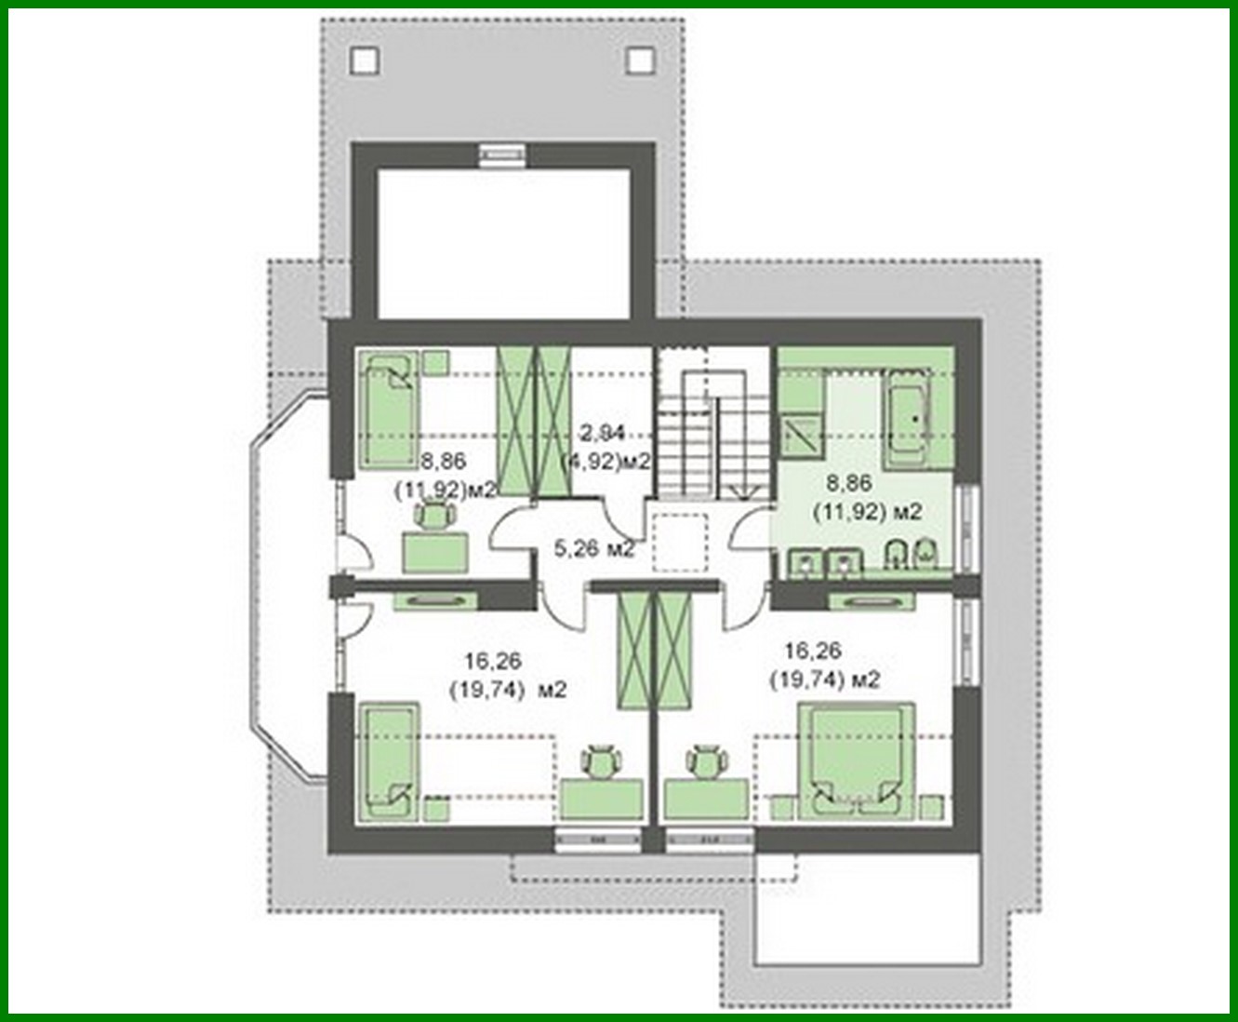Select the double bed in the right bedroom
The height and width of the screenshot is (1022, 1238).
point(857,760)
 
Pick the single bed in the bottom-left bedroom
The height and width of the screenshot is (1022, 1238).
point(389,763)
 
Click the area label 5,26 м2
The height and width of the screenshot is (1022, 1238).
point(594,549)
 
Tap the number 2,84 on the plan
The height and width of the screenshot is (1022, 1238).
point(603,432)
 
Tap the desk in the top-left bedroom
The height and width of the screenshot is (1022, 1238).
point(435,553)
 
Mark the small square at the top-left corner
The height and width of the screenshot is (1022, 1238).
point(366,61)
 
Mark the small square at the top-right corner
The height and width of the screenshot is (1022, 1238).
point(640,61)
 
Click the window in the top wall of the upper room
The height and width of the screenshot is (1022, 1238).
point(503,155)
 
